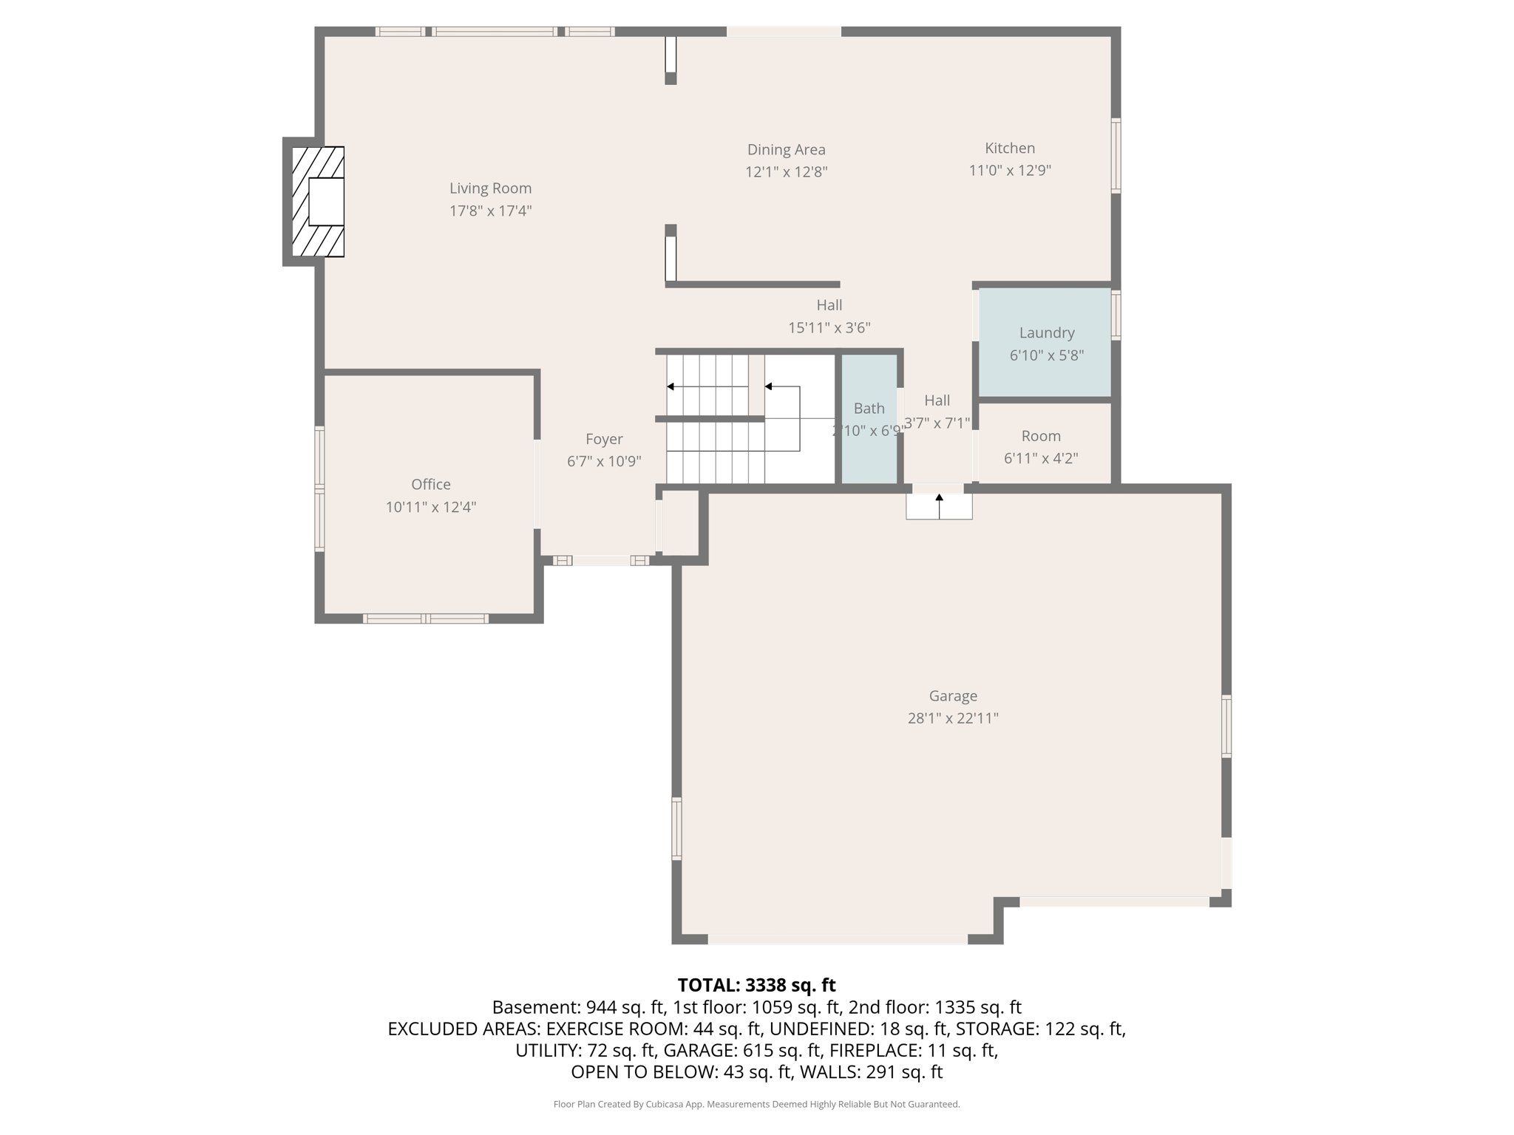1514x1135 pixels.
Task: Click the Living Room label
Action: [x=490, y=188]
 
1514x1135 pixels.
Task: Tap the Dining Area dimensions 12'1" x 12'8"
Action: [x=786, y=172]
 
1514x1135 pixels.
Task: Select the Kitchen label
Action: [x=1009, y=148]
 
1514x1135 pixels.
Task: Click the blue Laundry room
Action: [x=1045, y=343]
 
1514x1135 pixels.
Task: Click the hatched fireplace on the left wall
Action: [x=317, y=201]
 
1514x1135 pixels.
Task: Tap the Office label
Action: [x=430, y=484]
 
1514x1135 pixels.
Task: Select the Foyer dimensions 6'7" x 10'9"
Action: [x=603, y=461]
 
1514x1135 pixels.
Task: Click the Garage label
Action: [x=952, y=695]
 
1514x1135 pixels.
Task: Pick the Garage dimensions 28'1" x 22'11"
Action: [x=952, y=718]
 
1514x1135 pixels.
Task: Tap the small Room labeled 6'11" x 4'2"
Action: [x=1040, y=446]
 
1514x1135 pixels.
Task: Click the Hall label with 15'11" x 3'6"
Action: [x=829, y=305]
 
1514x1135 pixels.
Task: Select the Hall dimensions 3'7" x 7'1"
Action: [x=937, y=423]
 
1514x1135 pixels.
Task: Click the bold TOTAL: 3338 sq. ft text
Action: [x=756, y=985]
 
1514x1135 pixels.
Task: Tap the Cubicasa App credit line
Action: [x=756, y=1104]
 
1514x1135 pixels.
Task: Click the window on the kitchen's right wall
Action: [x=1116, y=155]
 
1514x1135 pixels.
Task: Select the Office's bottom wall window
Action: [x=425, y=618]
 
